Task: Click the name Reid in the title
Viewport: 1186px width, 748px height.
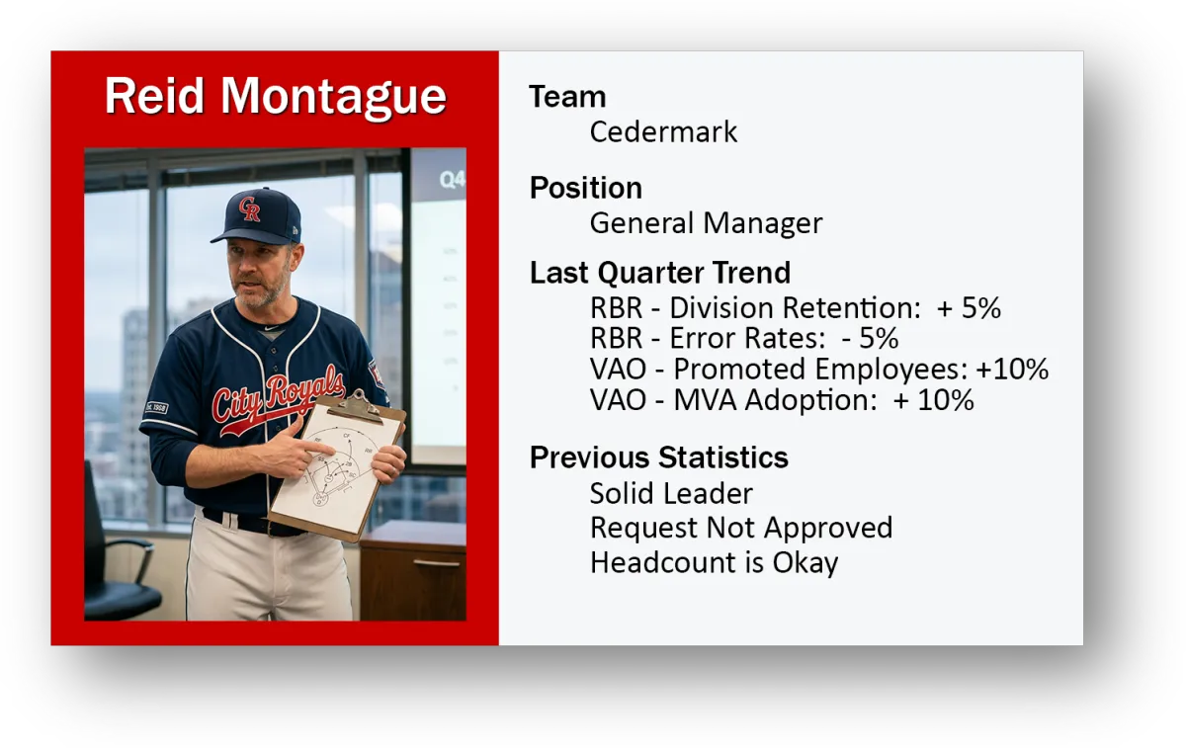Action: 154,96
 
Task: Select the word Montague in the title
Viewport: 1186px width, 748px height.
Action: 334,99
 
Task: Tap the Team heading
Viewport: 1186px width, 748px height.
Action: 567,97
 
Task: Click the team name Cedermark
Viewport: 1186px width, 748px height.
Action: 663,131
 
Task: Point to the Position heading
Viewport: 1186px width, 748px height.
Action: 585,188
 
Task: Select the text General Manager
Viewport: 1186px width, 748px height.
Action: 707,223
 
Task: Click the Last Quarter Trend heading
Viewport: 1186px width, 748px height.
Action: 660,273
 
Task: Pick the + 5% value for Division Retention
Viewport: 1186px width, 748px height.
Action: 969,307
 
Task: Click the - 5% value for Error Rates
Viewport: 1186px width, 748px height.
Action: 871,338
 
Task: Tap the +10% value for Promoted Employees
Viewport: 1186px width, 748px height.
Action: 1012,369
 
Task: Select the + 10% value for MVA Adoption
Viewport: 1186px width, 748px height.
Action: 933,399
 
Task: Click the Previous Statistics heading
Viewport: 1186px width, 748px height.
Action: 658,457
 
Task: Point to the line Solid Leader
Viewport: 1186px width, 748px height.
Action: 671,493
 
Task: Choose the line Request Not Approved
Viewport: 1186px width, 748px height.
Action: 741,528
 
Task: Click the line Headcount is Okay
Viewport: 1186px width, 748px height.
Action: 715,562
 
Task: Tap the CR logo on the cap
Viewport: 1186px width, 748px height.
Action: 249,208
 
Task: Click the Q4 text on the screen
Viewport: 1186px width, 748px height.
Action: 452,180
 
